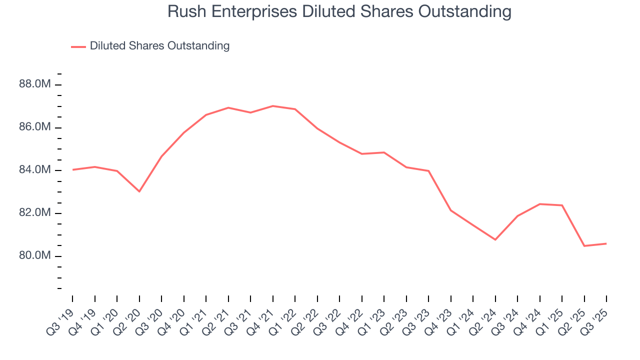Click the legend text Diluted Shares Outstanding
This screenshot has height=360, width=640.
point(159,46)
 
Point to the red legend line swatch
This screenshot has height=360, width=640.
point(78,46)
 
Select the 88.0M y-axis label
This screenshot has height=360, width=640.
point(35,84)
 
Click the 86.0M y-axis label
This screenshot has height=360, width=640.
point(35,127)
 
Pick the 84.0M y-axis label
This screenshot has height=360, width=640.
point(35,170)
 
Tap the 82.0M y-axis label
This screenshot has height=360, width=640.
point(35,213)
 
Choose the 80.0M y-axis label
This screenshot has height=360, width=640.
point(35,256)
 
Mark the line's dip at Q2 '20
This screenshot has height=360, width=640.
point(139,191)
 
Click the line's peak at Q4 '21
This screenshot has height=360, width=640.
point(273,106)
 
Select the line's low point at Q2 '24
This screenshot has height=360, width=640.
point(495,239)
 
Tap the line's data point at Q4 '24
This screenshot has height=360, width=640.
point(540,204)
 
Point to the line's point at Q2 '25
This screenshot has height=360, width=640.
point(584,246)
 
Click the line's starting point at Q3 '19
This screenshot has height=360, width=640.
point(72,169)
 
